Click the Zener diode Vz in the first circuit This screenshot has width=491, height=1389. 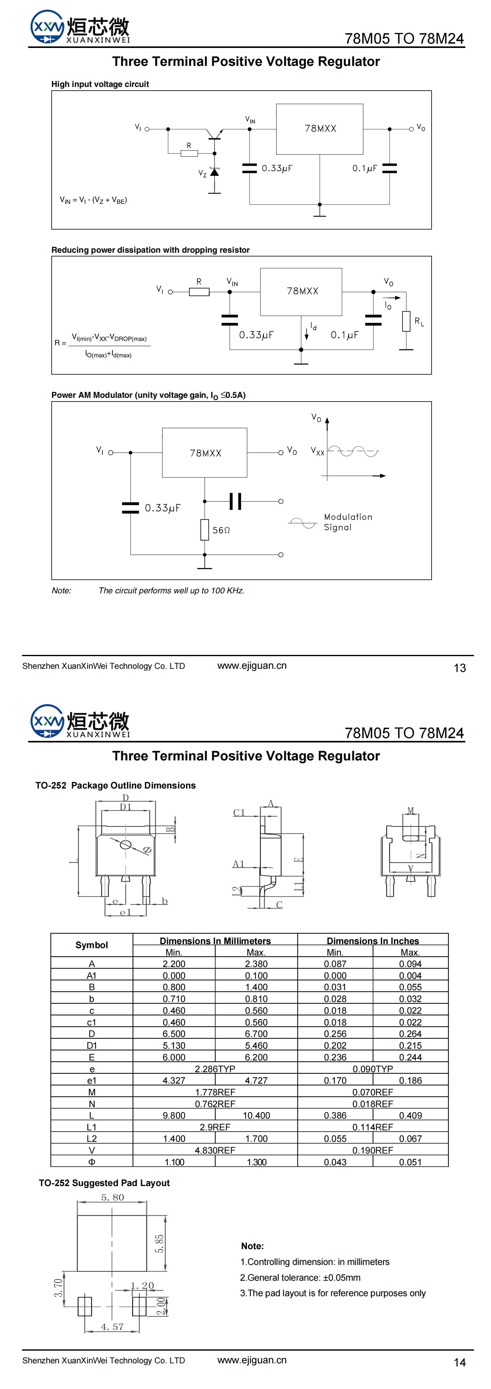click(215, 172)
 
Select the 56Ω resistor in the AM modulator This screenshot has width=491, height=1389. click(205, 530)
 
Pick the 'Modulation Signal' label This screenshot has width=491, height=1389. click(347, 522)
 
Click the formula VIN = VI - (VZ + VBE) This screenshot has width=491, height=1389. click(93, 200)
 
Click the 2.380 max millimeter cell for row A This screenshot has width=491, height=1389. click(256, 964)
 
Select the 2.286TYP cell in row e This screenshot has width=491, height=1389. click(215, 1069)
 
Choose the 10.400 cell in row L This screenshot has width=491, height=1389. click(256, 1115)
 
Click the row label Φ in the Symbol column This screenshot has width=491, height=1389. click(92, 1162)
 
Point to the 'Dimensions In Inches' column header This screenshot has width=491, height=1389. click(373, 941)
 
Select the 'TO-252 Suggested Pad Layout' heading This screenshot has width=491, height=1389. click(104, 1183)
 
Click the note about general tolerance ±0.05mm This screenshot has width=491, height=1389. click(300, 1277)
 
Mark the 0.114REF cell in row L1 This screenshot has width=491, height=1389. click(373, 1127)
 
